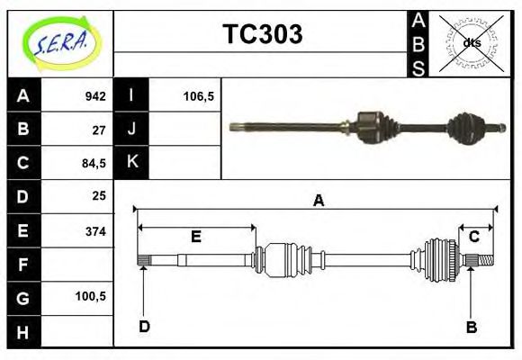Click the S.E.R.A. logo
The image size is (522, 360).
point(59,42)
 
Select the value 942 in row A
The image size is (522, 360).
point(94,95)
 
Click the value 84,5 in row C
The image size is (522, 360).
point(94,163)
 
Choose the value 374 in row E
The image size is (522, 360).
point(94,230)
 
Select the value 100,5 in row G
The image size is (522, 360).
point(91,296)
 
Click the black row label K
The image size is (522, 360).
point(132,163)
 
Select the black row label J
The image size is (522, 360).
point(132,130)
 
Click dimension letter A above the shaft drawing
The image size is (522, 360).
point(318,202)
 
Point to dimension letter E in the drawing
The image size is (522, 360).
point(195,237)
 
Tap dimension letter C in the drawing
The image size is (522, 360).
point(474,236)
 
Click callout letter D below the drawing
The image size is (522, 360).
point(144,326)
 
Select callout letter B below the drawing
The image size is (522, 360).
point(471,326)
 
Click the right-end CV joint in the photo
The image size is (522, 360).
point(470,128)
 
